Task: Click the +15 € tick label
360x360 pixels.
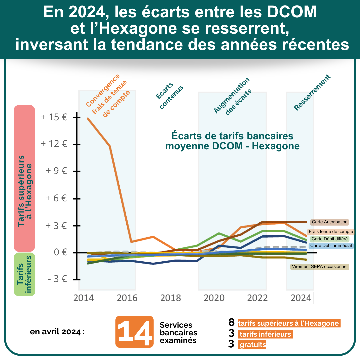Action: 54,117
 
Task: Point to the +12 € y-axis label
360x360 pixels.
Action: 54,144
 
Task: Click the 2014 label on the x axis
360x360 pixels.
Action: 84,298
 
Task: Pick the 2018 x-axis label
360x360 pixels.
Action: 171,298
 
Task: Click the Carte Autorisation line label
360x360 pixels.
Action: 329,222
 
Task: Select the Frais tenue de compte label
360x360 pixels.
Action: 331,232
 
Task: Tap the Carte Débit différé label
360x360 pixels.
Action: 329,239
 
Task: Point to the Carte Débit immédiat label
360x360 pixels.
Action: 331,246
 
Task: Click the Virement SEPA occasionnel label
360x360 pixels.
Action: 320,267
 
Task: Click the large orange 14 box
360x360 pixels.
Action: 134,332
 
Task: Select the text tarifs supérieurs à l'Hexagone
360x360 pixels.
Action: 288,323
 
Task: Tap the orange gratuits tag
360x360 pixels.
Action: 253,345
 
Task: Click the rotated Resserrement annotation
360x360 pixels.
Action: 312,92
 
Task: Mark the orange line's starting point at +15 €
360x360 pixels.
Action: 88,118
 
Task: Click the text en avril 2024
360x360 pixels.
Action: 57,332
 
